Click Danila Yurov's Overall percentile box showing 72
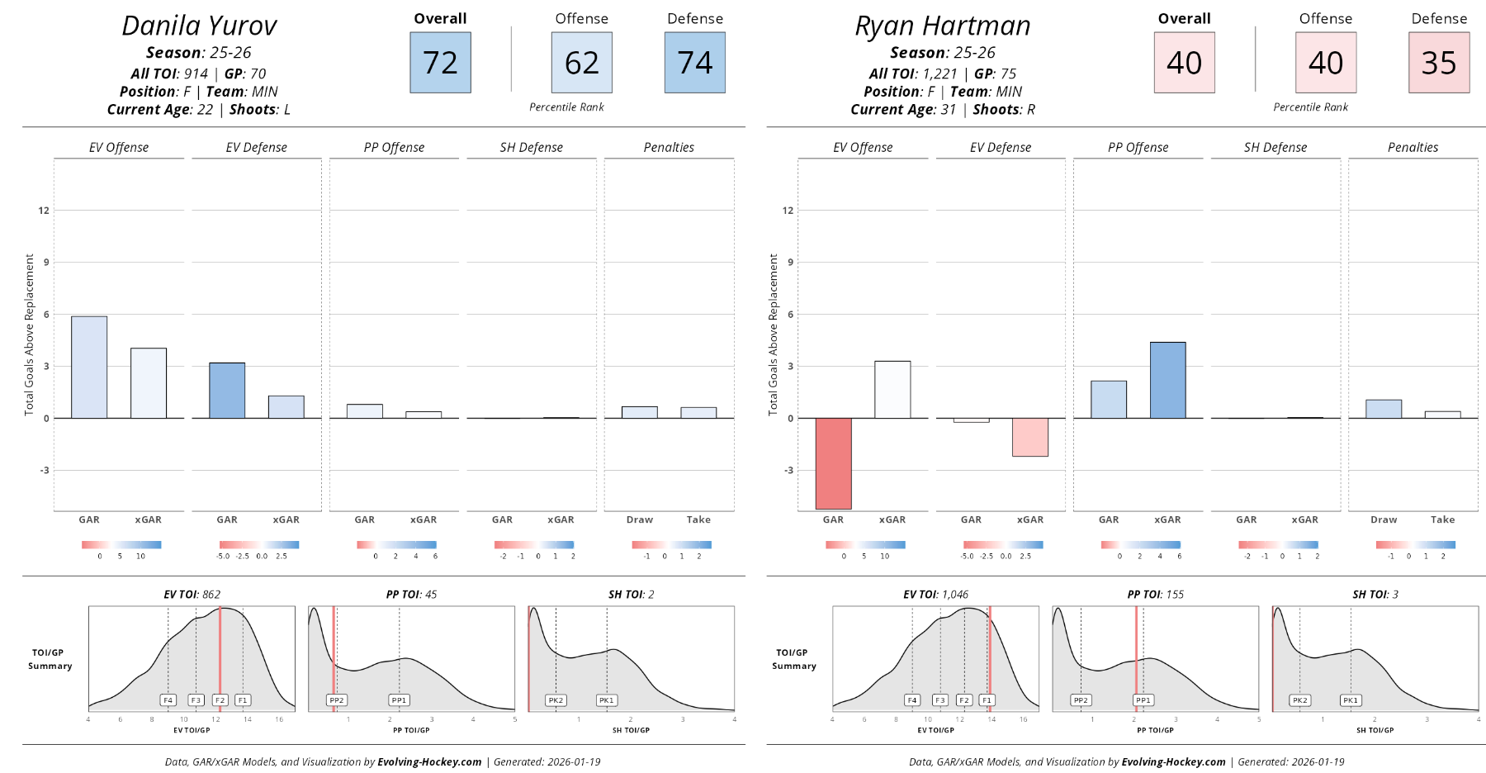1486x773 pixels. coord(440,63)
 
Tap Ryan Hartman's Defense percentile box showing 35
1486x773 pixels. coord(1438,63)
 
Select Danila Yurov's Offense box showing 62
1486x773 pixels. coord(581,63)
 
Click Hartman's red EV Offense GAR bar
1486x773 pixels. coord(833,463)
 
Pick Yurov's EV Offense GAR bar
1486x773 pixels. coord(89,368)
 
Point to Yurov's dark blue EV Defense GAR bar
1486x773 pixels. coord(227,391)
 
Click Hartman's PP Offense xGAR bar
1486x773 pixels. coord(1167,380)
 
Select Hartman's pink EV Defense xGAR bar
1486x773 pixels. coord(1029,437)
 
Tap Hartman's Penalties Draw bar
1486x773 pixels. coord(1384,409)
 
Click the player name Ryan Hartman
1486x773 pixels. coord(943,26)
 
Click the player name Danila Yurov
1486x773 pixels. coord(199,26)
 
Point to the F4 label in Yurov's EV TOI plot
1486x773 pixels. coord(168,700)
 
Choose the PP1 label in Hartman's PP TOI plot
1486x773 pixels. coord(1143,700)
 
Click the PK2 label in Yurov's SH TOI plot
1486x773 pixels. coord(556,700)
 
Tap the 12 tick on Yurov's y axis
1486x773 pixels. coord(44,211)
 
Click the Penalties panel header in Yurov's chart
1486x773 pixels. coord(669,148)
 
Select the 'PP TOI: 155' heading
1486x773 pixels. coord(1155,595)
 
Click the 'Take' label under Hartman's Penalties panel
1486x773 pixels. coord(1442,520)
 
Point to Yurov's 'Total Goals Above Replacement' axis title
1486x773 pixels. coord(30,334)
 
